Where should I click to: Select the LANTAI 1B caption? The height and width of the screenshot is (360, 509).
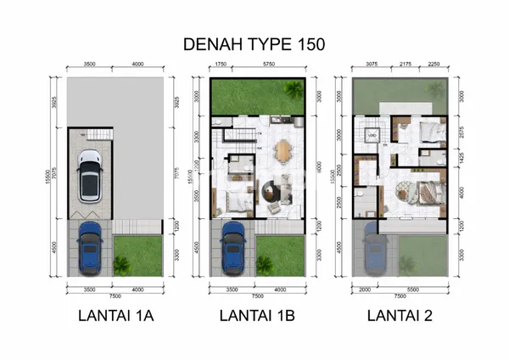coord(255,317)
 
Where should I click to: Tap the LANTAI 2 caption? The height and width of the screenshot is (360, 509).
coord(400,317)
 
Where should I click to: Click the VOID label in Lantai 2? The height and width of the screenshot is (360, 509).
coord(372,136)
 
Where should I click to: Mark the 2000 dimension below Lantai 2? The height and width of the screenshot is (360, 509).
coord(363,289)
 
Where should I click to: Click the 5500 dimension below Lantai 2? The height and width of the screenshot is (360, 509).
coord(411,289)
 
